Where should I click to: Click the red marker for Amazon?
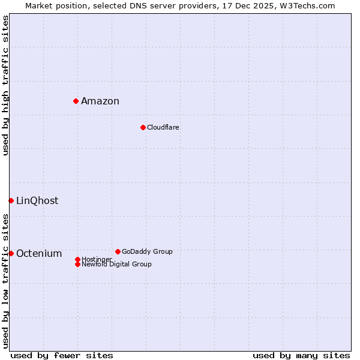pyautogui.click(x=76, y=101)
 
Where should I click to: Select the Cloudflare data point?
pyautogui.click(x=143, y=127)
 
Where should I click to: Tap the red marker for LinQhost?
pyautogui.click(x=11, y=200)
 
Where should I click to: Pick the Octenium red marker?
pyautogui.click(x=11, y=253)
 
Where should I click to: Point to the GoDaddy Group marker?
pyautogui.click(x=118, y=251)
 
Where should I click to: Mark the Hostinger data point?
pyautogui.click(x=77, y=259)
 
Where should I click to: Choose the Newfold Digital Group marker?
pyautogui.click(x=77, y=264)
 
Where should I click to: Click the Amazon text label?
pyautogui.click(x=100, y=101)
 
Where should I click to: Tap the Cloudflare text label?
pyautogui.click(x=163, y=127)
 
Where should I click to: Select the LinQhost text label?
pyautogui.click(x=37, y=200)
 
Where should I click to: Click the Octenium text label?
pyautogui.click(x=39, y=253)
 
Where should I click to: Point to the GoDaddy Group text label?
pyautogui.click(x=147, y=251)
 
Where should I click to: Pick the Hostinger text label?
pyautogui.click(x=97, y=259)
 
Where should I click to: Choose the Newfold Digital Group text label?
pyautogui.click(x=116, y=264)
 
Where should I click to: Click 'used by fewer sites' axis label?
pyautogui.click(x=62, y=355)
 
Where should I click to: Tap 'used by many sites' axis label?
pyautogui.click(x=301, y=355)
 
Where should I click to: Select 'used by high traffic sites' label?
pyautogui.click(x=5, y=85)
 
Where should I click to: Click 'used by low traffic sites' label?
pyautogui.click(x=5, y=281)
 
